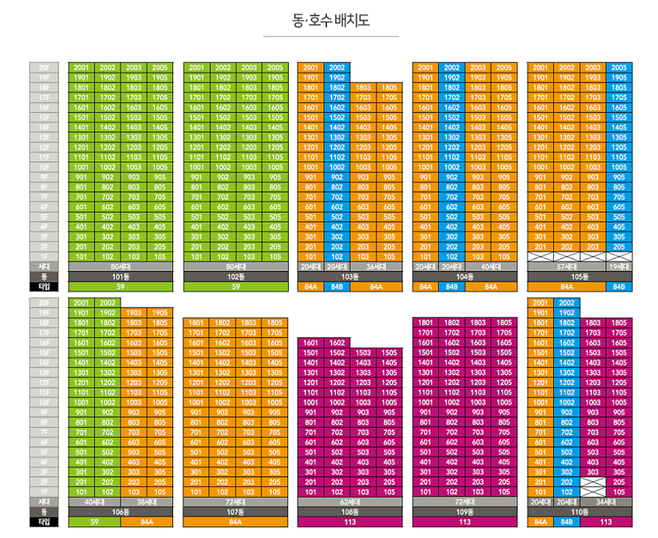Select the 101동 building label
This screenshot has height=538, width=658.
click(x=120, y=277)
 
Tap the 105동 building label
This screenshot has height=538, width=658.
click(x=579, y=277)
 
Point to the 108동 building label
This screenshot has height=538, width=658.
click(x=350, y=511)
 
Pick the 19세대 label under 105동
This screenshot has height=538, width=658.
click(x=618, y=267)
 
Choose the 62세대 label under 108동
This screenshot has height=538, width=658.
click(x=350, y=501)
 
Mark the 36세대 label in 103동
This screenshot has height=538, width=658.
click(x=377, y=267)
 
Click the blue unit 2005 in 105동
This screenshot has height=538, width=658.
click(x=618, y=68)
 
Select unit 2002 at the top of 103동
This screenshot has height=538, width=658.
click(x=337, y=68)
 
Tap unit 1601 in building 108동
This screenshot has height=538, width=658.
click(x=311, y=343)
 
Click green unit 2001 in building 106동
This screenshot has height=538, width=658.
click(x=81, y=303)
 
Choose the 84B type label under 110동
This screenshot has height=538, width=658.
click(x=566, y=522)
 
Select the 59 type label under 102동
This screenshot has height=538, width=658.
click(x=236, y=287)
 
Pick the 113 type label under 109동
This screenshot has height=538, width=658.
click(x=465, y=522)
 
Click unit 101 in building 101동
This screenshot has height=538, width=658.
click(x=81, y=257)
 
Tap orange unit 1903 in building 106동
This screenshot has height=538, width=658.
click(x=134, y=313)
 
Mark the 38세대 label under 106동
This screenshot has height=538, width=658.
click(x=146, y=501)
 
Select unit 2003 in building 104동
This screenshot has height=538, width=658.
click(x=477, y=68)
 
